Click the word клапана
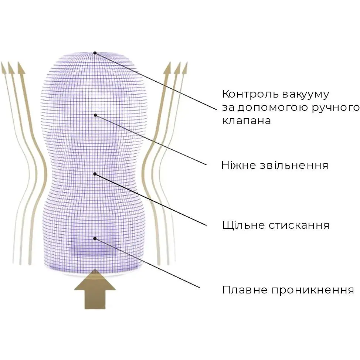pos(247,121)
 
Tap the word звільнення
pos(294,165)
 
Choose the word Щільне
pos(243,225)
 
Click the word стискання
pos(299,225)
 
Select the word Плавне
pos(245,290)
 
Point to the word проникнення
pos(313,290)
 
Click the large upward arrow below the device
pos(95,289)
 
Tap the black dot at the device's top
pos(95,53)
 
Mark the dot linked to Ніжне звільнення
pos(95,115)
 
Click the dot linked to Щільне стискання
pos(95,174)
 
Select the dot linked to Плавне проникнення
pos(95,238)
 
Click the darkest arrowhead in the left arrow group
pos(21,68)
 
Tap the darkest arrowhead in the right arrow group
pos(167,68)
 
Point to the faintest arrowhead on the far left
pos(3,68)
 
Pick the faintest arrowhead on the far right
pos(185,68)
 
